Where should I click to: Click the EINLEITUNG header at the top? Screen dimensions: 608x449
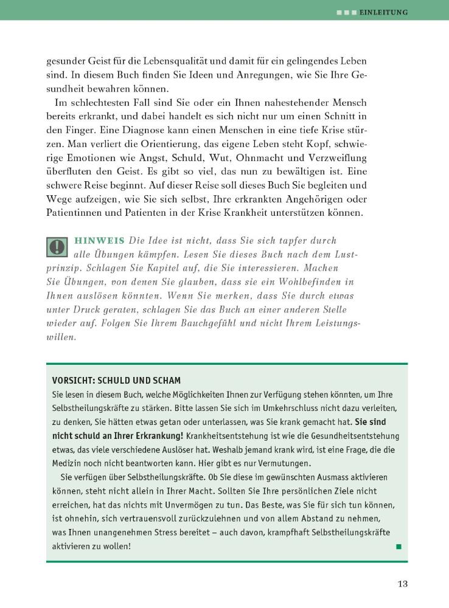coord(384,12)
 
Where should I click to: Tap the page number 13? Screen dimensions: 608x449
coord(402,584)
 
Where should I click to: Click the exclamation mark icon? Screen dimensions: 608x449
coord(57,247)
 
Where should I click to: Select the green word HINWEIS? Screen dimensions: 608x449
coord(99,241)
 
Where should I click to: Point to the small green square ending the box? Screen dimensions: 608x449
coord(399,547)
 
